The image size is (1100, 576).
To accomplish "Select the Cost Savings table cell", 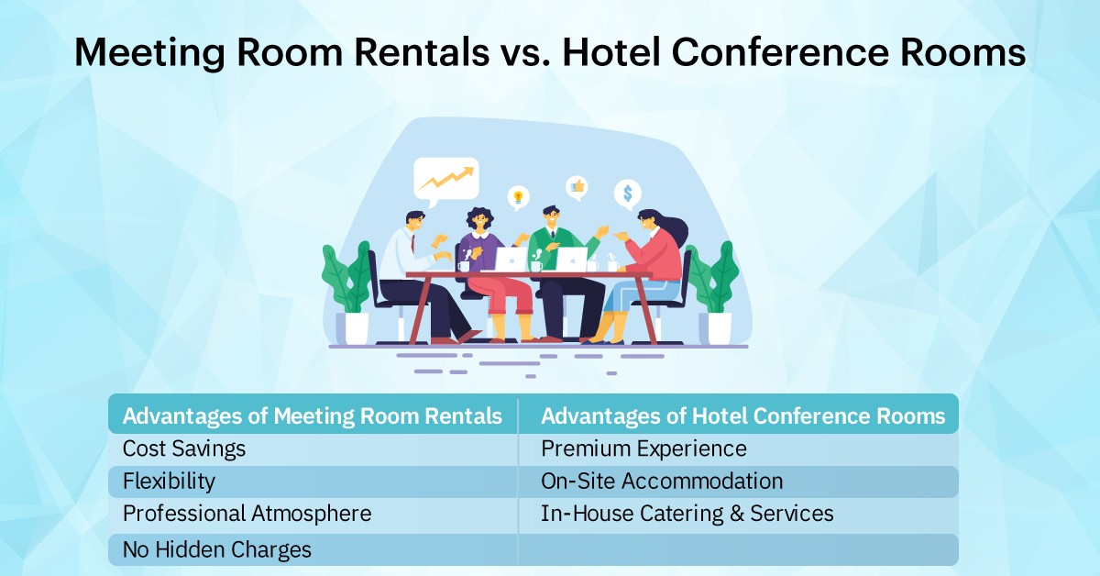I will click(184, 449).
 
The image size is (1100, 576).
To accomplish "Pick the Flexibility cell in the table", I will click(169, 481).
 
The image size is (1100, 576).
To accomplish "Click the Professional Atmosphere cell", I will click(247, 514).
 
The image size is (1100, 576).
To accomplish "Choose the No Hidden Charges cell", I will click(217, 549).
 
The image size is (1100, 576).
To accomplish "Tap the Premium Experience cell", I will click(643, 449).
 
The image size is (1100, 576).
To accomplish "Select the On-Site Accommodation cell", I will click(662, 481).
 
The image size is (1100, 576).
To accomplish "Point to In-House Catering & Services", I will click(687, 514).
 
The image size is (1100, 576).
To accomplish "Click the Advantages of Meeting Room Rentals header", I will click(313, 416).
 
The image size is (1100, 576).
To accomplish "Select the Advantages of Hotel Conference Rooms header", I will click(742, 416).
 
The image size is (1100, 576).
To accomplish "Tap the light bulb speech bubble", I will click(518, 196).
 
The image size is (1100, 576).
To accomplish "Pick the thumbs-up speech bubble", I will click(577, 187).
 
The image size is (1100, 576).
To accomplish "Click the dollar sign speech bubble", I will click(628, 194).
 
